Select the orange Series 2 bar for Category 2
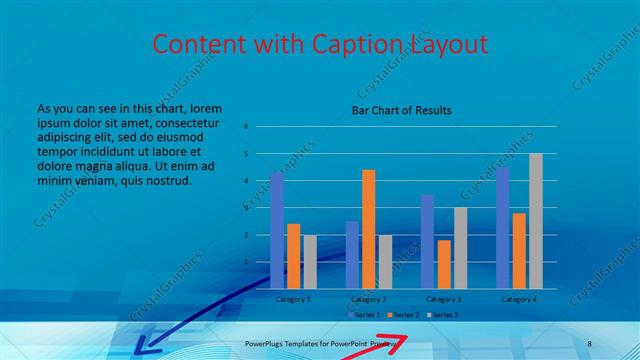pyautogui.click(x=368, y=229)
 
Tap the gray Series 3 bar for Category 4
pyautogui.click(x=536, y=221)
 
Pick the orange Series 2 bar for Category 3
pyautogui.click(x=444, y=264)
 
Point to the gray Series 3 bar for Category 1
pyautogui.click(x=310, y=262)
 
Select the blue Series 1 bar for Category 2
pyautogui.click(x=352, y=255)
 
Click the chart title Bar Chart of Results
pyautogui.click(x=402, y=110)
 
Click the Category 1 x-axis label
pyautogui.click(x=293, y=299)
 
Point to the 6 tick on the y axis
pyautogui.click(x=245, y=127)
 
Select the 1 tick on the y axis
pyautogui.click(x=245, y=262)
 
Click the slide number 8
pyautogui.click(x=589, y=343)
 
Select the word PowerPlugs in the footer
pyautogui.click(x=267, y=343)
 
